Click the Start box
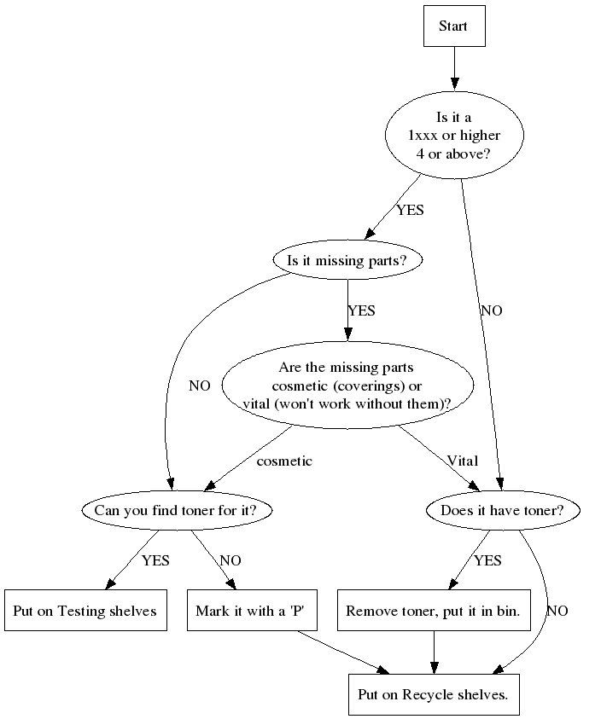[x=453, y=26]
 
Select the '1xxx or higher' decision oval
[x=454, y=136]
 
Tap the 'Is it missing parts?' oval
[x=347, y=261]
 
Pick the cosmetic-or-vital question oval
[x=347, y=385]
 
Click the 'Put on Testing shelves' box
[x=85, y=611]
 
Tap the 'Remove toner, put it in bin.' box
[x=434, y=611]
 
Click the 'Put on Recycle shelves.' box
[x=434, y=694]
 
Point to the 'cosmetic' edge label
[x=284, y=461]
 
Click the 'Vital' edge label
[x=462, y=461]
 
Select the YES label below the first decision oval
[x=410, y=210]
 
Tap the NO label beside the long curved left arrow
[x=199, y=386]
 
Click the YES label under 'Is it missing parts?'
[x=361, y=310]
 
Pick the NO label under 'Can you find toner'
[x=230, y=560]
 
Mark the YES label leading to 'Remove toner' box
[x=487, y=560]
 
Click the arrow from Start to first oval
[x=453, y=67]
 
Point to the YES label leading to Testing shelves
[x=155, y=560]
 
